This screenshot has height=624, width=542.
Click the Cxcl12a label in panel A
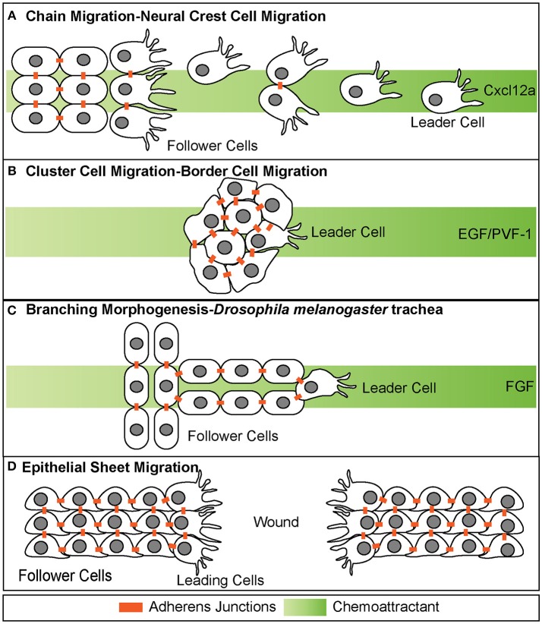[x=510, y=90]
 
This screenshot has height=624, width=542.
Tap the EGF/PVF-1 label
[x=495, y=234]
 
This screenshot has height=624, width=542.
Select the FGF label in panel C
[x=519, y=386]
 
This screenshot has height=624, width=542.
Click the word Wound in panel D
[x=276, y=522]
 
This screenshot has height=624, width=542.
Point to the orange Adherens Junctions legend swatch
[x=131, y=607]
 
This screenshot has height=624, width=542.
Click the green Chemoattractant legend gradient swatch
[x=305, y=607]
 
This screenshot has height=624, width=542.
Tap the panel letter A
[x=12, y=16]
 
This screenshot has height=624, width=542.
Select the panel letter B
[x=12, y=171]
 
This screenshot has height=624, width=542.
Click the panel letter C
[x=12, y=310]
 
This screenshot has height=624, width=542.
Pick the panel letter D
[x=12, y=466]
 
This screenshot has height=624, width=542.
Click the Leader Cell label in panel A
[x=448, y=122]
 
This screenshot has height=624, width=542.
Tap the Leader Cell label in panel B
[x=348, y=232]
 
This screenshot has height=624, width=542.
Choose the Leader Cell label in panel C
[x=399, y=388]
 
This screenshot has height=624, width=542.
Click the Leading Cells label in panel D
[x=220, y=580]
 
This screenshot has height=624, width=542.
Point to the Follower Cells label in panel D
[x=65, y=575]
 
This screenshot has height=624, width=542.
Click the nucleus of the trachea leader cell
[x=310, y=386]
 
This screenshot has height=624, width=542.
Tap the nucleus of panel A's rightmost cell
[x=436, y=99]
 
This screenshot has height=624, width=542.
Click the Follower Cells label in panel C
[x=233, y=436]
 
